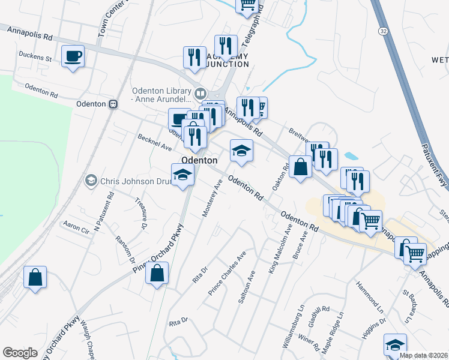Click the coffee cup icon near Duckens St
click(73, 57)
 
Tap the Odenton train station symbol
click(113, 104)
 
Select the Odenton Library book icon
click(200, 94)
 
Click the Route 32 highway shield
click(382, 30)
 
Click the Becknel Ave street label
click(155, 143)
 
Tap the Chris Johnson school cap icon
click(91, 179)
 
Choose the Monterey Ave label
click(213, 197)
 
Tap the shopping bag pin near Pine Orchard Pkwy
click(157, 274)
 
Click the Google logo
click(20, 353)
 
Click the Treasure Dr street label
click(140, 214)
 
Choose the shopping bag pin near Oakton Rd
click(300, 166)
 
